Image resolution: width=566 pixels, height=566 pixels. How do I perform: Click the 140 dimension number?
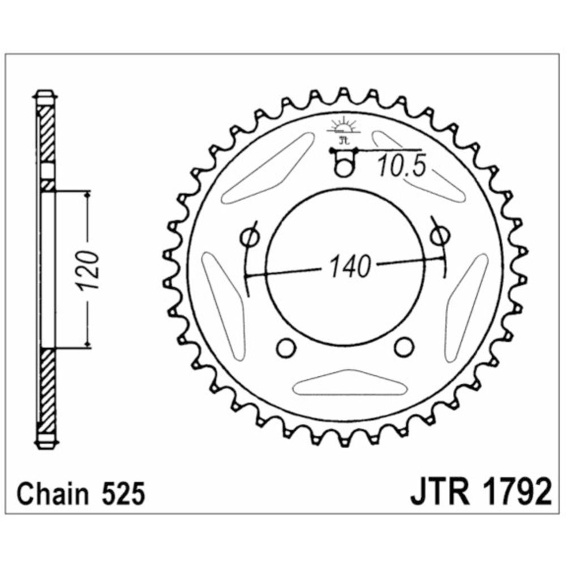pyautogui.click(x=350, y=267)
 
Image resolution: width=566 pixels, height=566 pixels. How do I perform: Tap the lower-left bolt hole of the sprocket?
pyautogui.click(x=287, y=348)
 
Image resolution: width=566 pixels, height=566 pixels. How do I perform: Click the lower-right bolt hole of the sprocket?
pyautogui.click(x=404, y=347)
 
